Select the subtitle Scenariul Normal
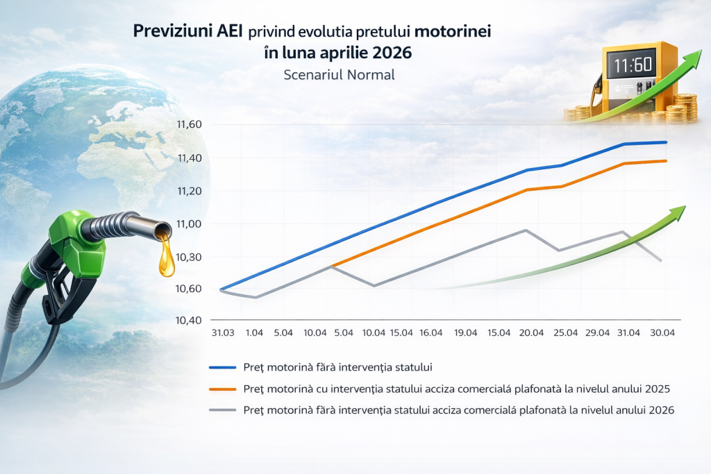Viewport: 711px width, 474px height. (339, 74)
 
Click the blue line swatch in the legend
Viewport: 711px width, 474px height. (223, 366)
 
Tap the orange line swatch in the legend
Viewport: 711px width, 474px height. (223, 387)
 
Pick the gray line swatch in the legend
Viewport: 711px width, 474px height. (223, 409)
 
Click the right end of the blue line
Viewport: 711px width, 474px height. (667, 142)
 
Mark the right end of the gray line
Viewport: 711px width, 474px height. (661, 260)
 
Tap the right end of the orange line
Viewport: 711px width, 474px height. (667, 161)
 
